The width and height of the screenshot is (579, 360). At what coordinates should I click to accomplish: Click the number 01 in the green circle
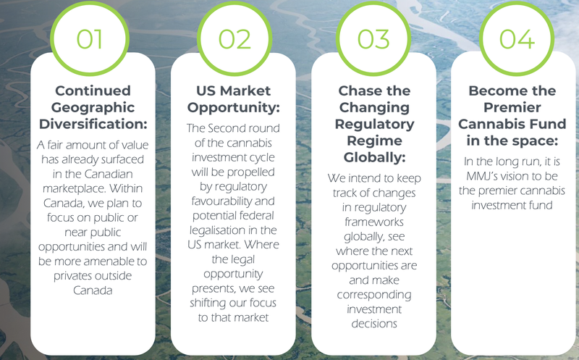click(x=89, y=39)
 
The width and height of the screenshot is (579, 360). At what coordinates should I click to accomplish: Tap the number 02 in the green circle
click(x=234, y=39)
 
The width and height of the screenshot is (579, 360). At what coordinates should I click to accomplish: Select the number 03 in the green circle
click(x=373, y=39)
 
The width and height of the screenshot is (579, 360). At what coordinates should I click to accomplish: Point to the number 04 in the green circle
click(x=517, y=39)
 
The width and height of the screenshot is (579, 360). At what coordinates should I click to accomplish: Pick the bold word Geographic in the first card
click(x=93, y=107)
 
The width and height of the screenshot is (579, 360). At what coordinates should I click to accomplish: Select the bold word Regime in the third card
click(x=374, y=141)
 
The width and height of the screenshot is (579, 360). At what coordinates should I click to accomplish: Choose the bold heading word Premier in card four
click(x=512, y=107)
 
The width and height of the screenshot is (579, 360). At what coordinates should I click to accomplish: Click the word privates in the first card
click(x=73, y=276)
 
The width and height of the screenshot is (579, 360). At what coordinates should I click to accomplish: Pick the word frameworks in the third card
click(x=374, y=222)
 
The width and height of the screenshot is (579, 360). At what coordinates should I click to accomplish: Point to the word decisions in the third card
click(x=374, y=324)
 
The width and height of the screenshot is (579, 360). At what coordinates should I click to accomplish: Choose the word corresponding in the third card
click(x=374, y=295)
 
